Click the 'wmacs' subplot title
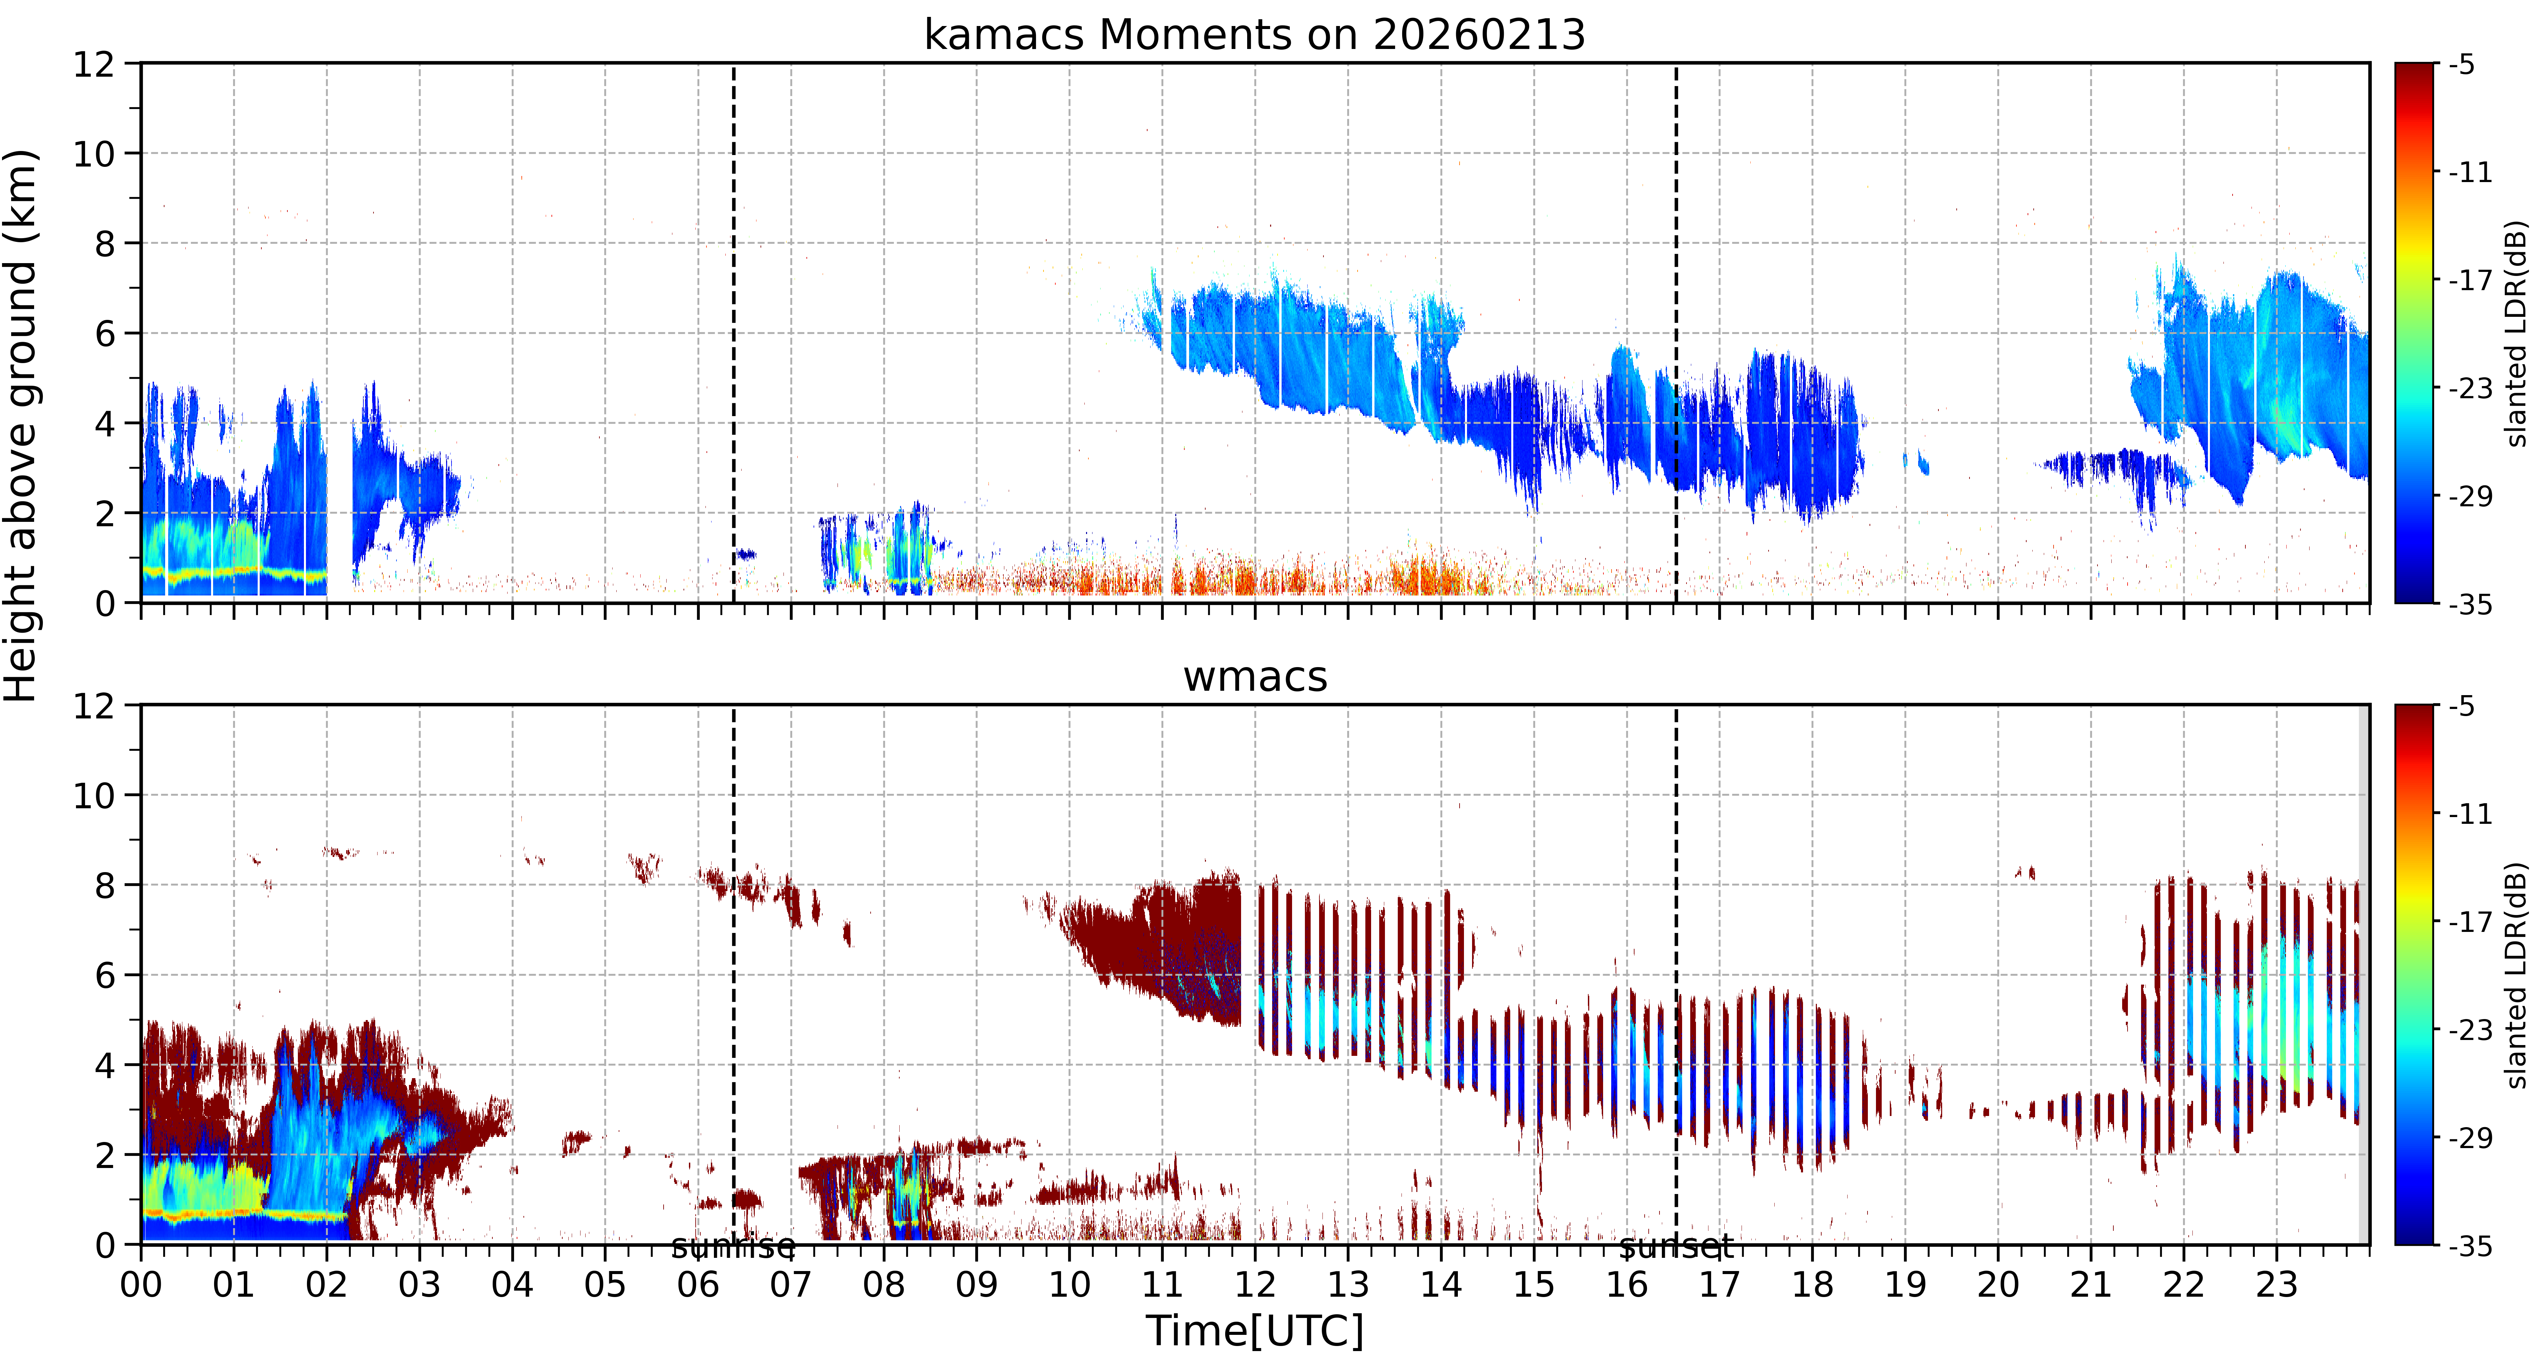[x=1254, y=677]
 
